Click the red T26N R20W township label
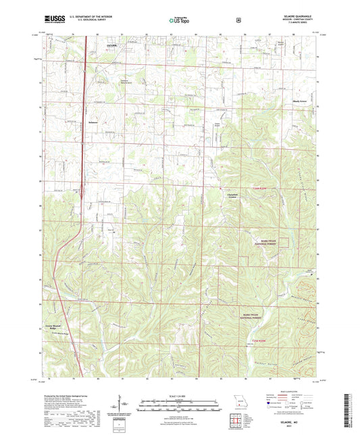(x=265, y=188)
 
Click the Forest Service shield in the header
(x=238, y=20)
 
